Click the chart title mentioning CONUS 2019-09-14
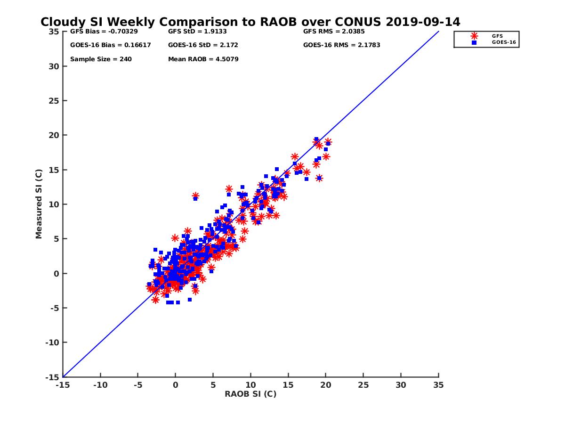click(250, 22)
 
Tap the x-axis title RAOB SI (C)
click(250, 394)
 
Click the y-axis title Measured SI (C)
click(39, 204)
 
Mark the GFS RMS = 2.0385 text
click(334, 32)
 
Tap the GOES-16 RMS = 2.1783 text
click(342, 45)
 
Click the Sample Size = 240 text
click(101, 59)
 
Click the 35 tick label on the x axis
click(438, 385)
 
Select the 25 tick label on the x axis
click(363, 385)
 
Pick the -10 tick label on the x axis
click(100, 385)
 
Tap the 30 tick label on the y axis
click(54, 66)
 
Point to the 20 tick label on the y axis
click(54, 135)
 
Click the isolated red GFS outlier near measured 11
click(195, 196)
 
